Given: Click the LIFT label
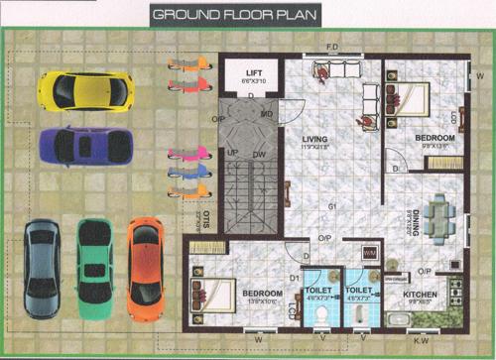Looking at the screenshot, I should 254,71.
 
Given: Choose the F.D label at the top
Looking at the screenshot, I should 333,46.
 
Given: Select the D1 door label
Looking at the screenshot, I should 293,280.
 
